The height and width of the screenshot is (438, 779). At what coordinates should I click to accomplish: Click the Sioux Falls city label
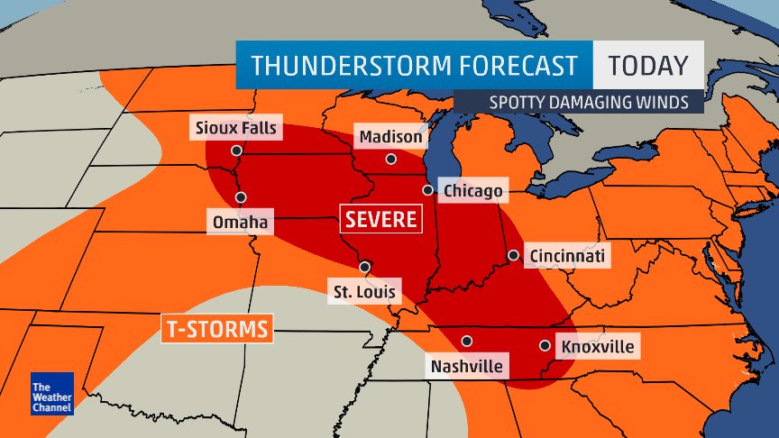(x=237, y=127)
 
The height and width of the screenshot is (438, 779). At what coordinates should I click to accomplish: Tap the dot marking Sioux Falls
(x=236, y=151)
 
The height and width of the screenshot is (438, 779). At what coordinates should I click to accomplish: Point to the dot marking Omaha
(x=241, y=197)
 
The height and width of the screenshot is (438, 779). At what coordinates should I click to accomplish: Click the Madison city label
(x=390, y=137)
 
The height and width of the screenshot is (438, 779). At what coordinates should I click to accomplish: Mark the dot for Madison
(x=390, y=160)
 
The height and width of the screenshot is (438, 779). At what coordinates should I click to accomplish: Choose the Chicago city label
(x=472, y=191)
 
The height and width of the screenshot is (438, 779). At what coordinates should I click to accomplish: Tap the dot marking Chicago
(x=428, y=190)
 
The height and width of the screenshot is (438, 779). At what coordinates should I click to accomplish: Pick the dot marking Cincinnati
(x=513, y=255)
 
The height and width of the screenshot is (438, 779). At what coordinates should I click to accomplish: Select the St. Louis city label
(x=364, y=291)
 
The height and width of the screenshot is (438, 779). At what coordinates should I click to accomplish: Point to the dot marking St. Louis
(x=365, y=267)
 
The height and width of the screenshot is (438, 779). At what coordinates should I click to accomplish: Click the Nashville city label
(x=466, y=366)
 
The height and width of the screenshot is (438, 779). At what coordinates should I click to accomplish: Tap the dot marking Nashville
(x=466, y=341)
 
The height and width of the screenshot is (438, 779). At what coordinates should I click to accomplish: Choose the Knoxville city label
(x=597, y=346)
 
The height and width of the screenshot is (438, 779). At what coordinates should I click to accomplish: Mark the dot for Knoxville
(x=545, y=345)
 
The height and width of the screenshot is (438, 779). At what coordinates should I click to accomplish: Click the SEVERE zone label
(x=381, y=219)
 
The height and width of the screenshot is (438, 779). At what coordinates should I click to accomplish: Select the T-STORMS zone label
(x=217, y=329)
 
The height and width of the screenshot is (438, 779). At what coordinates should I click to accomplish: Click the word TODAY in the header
(x=647, y=66)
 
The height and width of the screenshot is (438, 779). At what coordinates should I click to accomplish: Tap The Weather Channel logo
(x=50, y=393)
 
